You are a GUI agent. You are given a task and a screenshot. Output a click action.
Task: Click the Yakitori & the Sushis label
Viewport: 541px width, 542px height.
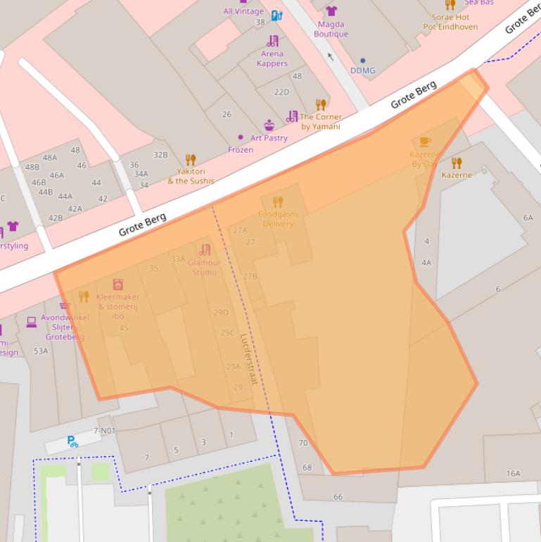(190, 176)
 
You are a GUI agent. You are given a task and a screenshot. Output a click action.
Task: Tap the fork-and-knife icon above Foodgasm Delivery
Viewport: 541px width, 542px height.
(277, 203)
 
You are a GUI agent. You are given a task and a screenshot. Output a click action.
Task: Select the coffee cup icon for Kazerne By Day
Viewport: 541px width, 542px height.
(425, 142)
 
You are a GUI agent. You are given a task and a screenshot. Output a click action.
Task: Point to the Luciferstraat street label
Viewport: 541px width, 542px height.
(249, 358)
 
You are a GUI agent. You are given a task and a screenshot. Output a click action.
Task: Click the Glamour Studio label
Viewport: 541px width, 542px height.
(204, 267)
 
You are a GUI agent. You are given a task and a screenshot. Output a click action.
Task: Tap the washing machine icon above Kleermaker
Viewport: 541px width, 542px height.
(118, 285)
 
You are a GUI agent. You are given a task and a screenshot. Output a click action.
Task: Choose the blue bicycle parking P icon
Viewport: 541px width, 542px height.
(72, 441)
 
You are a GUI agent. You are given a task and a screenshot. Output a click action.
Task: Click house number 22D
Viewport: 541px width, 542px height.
(281, 92)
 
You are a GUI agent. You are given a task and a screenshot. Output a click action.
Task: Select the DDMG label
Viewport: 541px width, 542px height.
(363, 70)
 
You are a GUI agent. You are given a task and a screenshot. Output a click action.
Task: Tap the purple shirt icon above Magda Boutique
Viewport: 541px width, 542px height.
(331, 11)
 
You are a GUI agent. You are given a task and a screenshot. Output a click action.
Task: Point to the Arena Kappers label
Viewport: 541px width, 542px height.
(272, 58)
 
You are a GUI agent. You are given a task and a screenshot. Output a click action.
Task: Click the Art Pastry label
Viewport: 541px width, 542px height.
(269, 138)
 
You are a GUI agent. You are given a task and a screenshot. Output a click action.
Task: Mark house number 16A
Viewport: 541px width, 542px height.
(513, 474)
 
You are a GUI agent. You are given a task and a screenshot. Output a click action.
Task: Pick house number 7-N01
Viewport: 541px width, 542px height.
(104, 431)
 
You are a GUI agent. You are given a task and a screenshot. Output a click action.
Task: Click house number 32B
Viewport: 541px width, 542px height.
(160, 155)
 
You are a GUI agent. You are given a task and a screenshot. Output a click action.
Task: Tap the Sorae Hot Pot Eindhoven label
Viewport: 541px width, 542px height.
(450, 22)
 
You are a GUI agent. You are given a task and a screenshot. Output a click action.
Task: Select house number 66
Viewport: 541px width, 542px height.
(338, 497)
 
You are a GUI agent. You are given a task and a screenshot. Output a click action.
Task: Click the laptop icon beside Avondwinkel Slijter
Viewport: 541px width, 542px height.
(31, 322)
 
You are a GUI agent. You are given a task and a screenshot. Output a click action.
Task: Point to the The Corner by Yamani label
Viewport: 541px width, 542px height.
(321, 122)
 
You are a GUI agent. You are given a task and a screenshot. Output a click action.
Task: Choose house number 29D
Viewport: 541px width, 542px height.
(221, 313)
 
